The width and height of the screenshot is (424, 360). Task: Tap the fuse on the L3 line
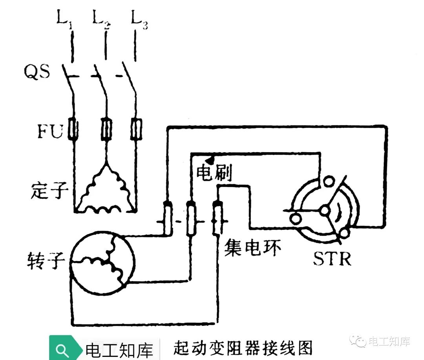point(136,129)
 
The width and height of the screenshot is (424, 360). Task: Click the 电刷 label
point(214,173)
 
